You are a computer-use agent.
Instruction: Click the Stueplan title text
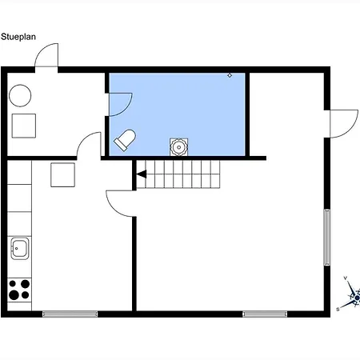pyautogui.click(x=18, y=37)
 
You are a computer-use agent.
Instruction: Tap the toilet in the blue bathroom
pyautogui.click(x=125, y=140)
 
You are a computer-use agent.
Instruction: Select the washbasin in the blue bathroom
pyautogui.click(x=178, y=146)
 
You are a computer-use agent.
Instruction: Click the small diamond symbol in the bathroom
pyautogui.click(x=230, y=75)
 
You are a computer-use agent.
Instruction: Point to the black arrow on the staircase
pyautogui.click(x=141, y=174)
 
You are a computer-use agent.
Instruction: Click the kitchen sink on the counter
pyautogui.click(x=19, y=248)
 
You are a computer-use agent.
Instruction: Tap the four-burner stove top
pyautogui.click(x=19, y=290)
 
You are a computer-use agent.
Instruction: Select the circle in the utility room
pyautogui.click(x=20, y=95)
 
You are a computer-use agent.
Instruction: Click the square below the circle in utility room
pyautogui.click(x=24, y=126)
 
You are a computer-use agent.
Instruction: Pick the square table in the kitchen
pyautogui.click(x=62, y=175)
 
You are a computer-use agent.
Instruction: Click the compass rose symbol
pyautogui.click(x=353, y=294)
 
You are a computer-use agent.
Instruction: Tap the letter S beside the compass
pyautogui.click(x=338, y=310)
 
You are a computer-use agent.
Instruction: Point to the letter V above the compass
pyautogui.click(x=346, y=278)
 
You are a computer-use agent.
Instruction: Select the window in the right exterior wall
pyautogui.click(x=327, y=238)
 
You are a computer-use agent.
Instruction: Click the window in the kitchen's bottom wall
pyautogui.click(x=70, y=314)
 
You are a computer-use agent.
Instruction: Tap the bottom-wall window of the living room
pyautogui.click(x=265, y=314)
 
